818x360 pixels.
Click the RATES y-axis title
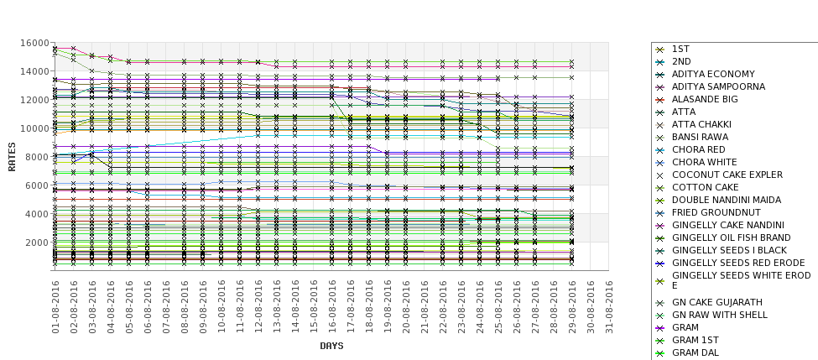click(12, 156)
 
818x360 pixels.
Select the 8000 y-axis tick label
click(36, 157)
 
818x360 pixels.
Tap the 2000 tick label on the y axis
click(36, 243)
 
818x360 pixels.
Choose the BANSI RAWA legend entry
click(699, 137)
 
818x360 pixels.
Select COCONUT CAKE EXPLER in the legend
click(727, 175)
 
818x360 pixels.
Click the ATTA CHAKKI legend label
click(701, 124)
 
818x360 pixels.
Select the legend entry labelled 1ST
click(680, 49)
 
